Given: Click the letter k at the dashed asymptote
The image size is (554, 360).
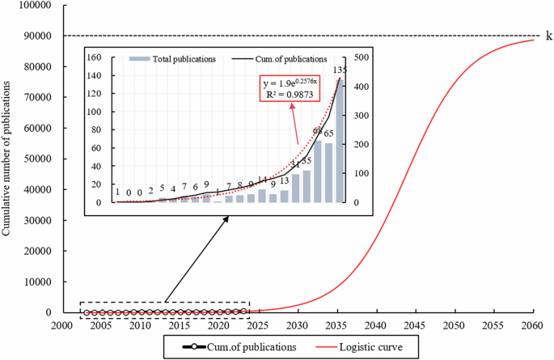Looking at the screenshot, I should point(549,36).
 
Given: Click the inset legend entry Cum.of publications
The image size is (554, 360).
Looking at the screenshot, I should point(279,59).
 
